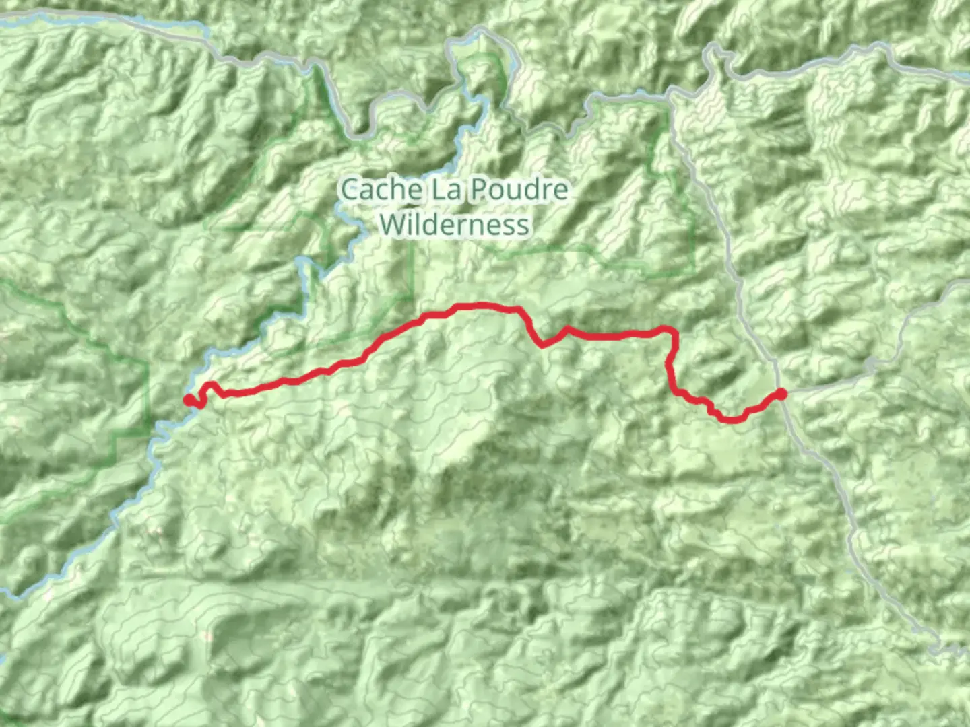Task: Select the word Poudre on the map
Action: tap(519, 190)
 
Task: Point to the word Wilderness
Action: tap(455, 224)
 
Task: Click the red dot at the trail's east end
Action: tap(781, 394)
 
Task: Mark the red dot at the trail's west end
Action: tap(189, 401)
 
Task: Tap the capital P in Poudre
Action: tap(478, 190)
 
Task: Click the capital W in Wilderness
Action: tap(390, 224)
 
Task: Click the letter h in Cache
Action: tap(398, 190)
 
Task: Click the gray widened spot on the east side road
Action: tap(871, 366)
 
